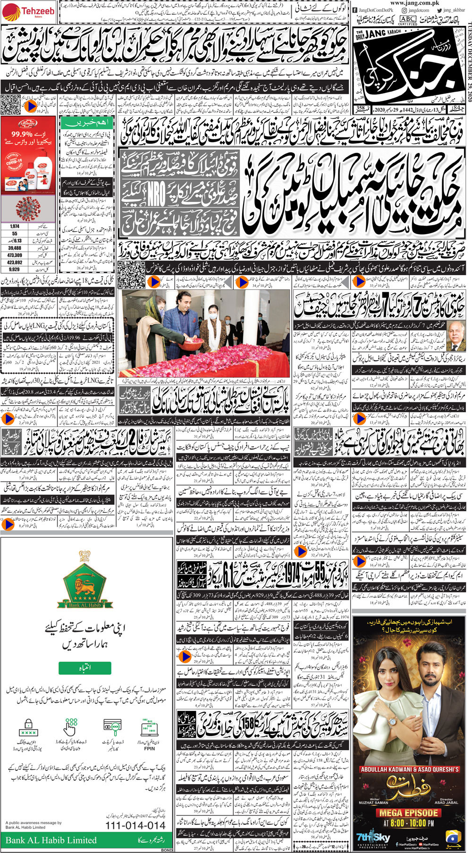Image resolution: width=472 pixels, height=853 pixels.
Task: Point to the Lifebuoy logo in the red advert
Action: click(x=29, y=124)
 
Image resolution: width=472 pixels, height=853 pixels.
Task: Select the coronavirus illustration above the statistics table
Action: click(x=28, y=209)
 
